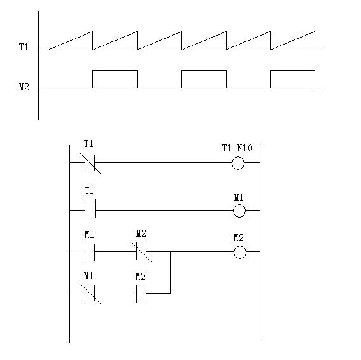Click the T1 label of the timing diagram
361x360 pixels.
24,47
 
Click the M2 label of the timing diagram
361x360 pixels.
24,87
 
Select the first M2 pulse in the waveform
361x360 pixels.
115,71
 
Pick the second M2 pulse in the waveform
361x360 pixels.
204,71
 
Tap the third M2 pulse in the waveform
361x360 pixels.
292,71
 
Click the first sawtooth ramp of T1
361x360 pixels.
71,40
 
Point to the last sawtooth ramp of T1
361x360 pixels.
293,40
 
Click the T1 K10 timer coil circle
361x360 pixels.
238,157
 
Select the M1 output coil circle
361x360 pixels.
239,205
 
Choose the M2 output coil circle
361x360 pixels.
240,246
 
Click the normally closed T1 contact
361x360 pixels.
90,163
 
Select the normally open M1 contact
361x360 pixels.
90,251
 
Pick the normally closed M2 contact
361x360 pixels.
141,252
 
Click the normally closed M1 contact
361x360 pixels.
90,293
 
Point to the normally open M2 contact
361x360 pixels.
141,293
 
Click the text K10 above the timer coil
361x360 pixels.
244,148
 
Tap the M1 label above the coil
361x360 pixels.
239,197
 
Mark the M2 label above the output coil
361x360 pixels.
239,238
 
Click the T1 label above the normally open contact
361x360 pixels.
89,191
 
